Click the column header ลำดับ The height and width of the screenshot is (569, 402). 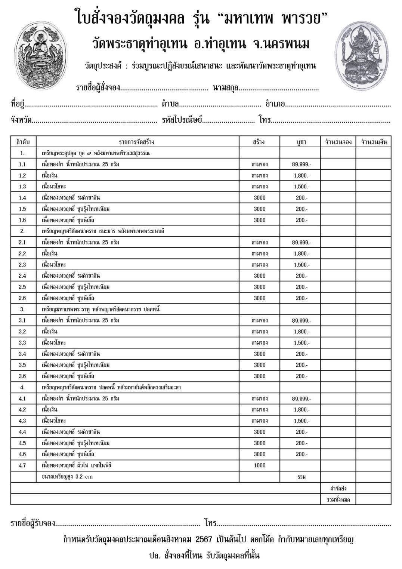[23, 142]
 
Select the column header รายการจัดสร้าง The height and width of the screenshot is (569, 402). [137, 142]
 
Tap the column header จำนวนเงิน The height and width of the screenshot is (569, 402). [374, 142]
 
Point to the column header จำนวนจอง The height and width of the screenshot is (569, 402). [338, 142]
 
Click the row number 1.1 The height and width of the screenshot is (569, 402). [22, 164]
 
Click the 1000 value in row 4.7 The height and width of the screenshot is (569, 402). [259, 465]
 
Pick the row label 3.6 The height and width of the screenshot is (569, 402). [22, 376]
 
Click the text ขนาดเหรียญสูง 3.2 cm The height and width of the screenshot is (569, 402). [67, 477]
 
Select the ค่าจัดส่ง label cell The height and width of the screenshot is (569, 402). [338, 488]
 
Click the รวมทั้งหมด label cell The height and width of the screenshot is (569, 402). [338, 499]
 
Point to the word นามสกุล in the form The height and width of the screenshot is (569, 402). [225, 88]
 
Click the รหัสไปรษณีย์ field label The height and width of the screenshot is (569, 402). [182, 120]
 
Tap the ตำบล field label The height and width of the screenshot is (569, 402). [170, 104]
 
